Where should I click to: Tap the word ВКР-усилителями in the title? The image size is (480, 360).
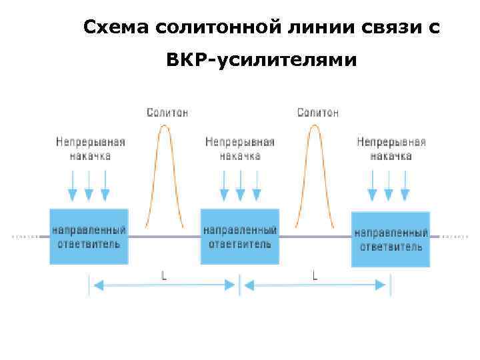(262, 59)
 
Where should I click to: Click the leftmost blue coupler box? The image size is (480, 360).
(89, 236)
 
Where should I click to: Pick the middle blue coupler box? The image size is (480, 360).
(240, 236)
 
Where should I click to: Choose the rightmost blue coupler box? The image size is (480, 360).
(391, 239)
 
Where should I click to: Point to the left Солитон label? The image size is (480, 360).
(167, 113)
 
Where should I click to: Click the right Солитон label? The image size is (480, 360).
(317, 113)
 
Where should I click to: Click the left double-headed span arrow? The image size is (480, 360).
(164, 285)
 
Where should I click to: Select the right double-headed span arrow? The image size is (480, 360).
(315, 285)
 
